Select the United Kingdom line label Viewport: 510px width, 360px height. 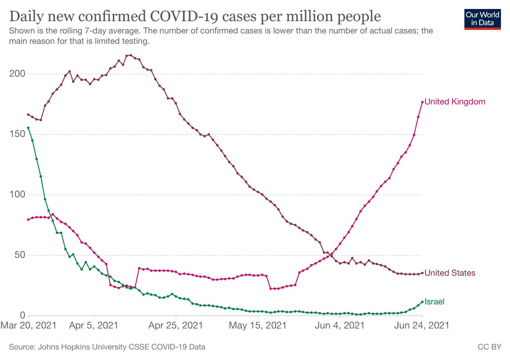click(x=455, y=102)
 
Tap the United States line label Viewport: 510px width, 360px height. click(x=450, y=273)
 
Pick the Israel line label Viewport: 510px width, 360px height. click(x=434, y=302)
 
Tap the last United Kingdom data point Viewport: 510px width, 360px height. click(x=422, y=102)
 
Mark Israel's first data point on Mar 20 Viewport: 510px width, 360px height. click(x=28, y=128)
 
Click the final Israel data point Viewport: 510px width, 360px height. click(x=422, y=302)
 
